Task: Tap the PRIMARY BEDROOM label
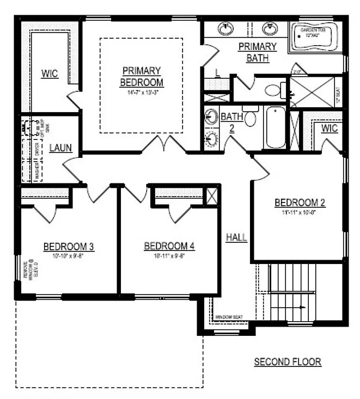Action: pos(141,76)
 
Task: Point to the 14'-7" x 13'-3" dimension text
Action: pos(141,93)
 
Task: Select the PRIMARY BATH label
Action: pos(257,52)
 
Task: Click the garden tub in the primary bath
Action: pos(316,36)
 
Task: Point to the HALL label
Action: pos(237,237)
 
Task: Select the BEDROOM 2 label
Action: pos(300,203)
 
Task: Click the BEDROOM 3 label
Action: pos(69,247)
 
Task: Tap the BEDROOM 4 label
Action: pos(169,247)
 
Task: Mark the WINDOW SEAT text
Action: pos(228,317)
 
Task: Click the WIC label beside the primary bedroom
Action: pos(50,73)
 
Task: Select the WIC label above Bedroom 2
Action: pos(330,129)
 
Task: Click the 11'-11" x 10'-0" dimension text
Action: pos(300,212)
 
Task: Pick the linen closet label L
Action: pos(217,73)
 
